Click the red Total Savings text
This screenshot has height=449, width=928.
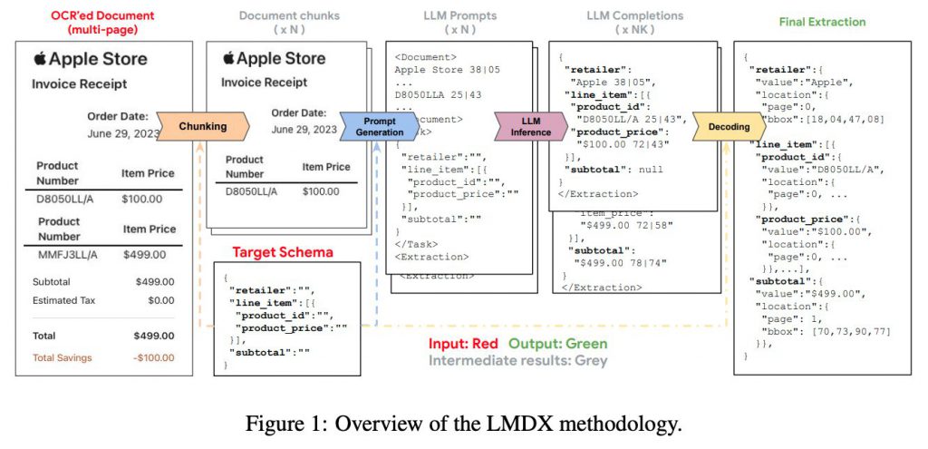tap(63, 357)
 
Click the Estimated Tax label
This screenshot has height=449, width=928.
tap(67, 300)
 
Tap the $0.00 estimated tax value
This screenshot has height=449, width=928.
tap(160, 300)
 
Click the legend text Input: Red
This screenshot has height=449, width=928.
tap(464, 344)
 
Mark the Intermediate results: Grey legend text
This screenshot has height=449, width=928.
tap(517, 360)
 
